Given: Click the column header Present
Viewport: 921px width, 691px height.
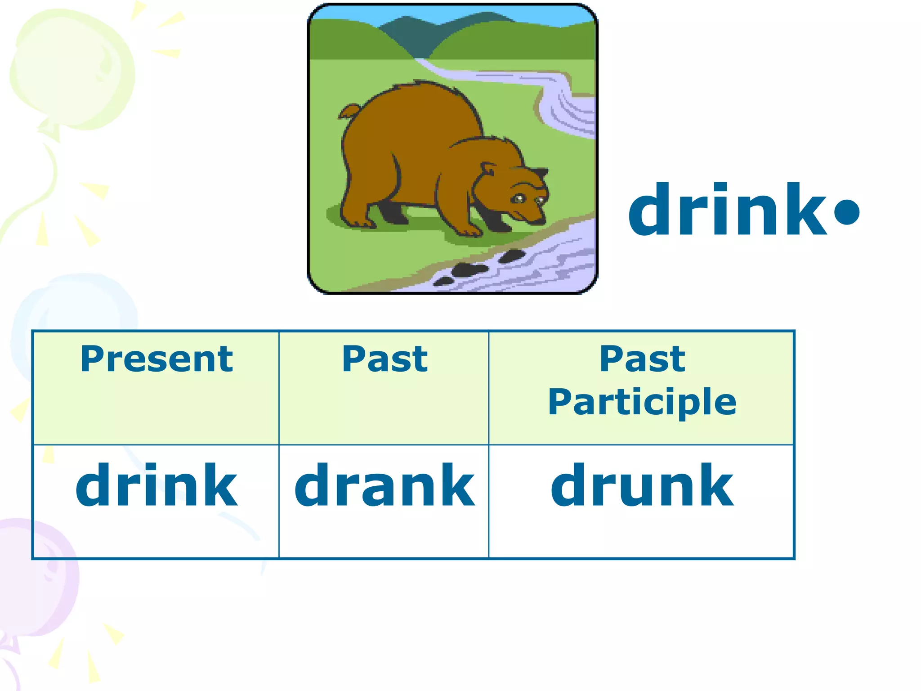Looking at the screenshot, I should pyautogui.click(x=156, y=359).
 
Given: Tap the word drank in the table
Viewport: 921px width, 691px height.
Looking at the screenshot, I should pyautogui.click(x=384, y=486).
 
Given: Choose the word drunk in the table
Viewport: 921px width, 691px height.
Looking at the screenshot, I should pyautogui.click(x=642, y=486).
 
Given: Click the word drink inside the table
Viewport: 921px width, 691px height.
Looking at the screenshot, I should pyautogui.click(x=156, y=486).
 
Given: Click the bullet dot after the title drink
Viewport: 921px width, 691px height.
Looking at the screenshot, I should pyautogui.click(x=846, y=212).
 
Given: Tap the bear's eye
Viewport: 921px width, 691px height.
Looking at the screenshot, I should pyautogui.click(x=519, y=198).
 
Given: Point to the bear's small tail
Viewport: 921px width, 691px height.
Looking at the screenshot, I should pyautogui.click(x=349, y=111).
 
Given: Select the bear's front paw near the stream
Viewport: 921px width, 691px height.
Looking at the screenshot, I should pyautogui.click(x=470, y=230).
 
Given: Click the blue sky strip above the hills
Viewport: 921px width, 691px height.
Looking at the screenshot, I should pyautogui.click(x=342, y=18).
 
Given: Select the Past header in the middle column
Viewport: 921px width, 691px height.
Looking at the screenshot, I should pyautogui.click(x=384, y=359).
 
